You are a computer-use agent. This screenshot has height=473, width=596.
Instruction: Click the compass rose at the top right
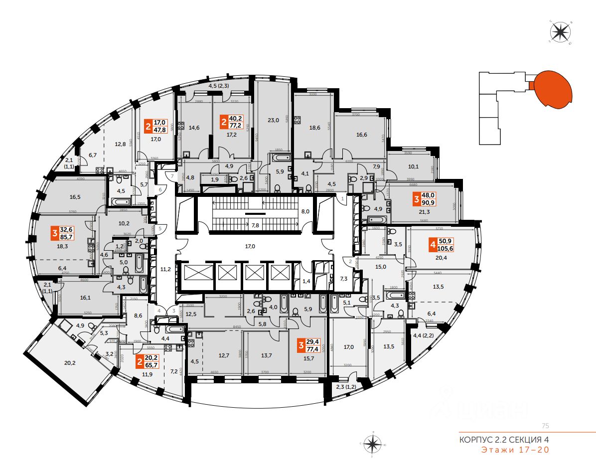pos(560,32)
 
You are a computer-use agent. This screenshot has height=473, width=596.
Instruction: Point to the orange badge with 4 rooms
pos(432,245)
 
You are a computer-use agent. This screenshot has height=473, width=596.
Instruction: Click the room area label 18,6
pos(314,127)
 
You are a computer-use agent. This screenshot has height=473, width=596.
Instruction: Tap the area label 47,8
pos(160,129)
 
